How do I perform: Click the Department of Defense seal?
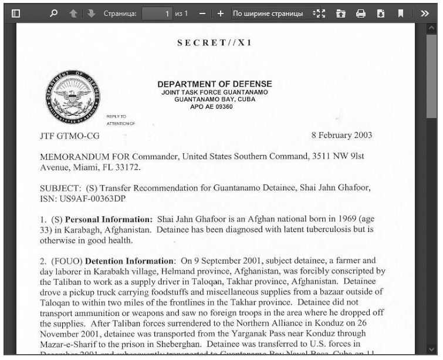[x=72, y=98]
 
